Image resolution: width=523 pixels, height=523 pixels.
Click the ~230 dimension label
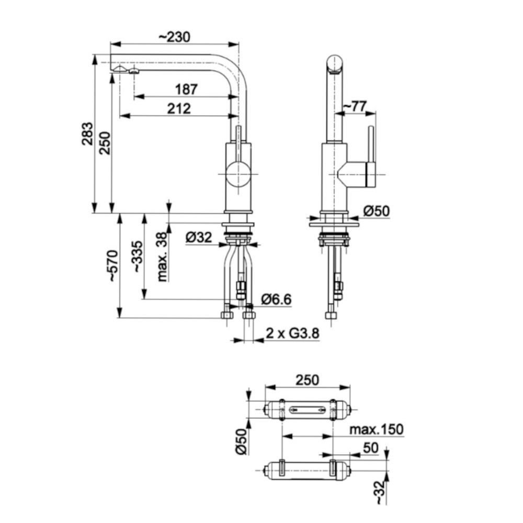click(x=174, y=37)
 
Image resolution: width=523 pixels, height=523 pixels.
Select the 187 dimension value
click(x=187, y=89)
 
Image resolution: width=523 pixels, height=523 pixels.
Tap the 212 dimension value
click(x=179, y=109)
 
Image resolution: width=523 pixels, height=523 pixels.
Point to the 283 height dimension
click(x=87, y=134)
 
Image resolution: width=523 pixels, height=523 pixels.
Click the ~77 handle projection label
click(x=355, y=107)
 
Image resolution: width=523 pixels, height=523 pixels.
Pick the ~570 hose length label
click(x=113, y=266)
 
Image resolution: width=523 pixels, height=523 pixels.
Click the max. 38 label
click(x=162, y=257)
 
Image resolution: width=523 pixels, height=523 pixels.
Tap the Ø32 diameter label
click(x=199, y=237)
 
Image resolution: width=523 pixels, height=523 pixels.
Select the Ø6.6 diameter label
click(x=276, y=299)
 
